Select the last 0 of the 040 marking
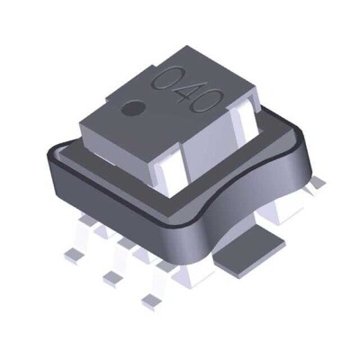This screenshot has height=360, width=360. click(x=207, y=101)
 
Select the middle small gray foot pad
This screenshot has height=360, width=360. click(x=111, y=273)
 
